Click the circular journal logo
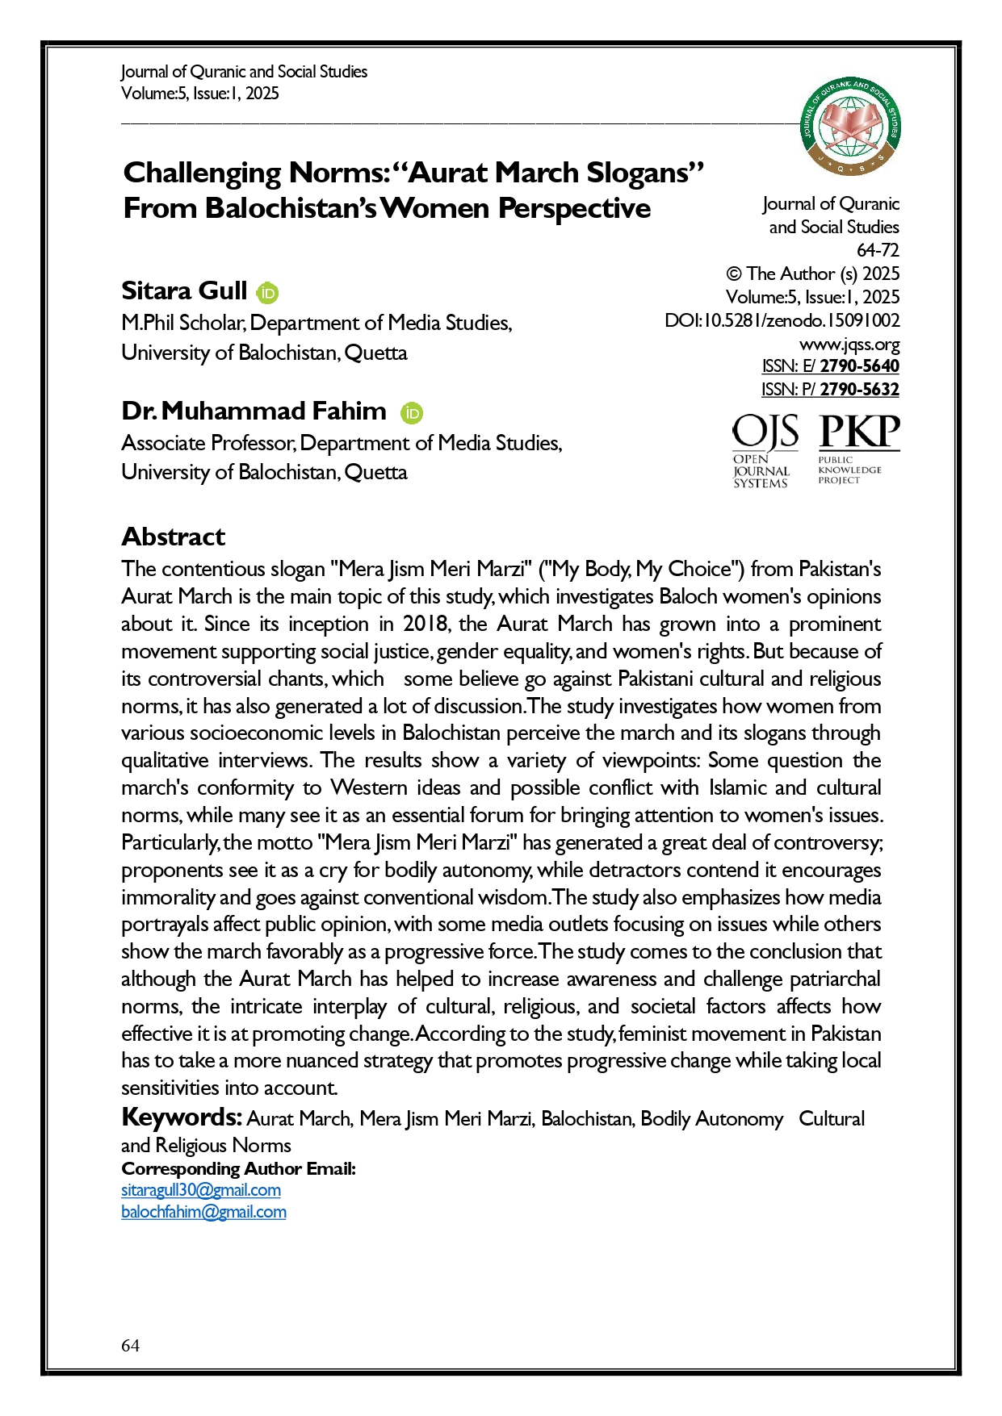[x=850, y=127]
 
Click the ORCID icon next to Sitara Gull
[x=267, y=293]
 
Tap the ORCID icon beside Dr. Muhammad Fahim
[x=412, y=413]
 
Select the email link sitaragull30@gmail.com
[x=201, y=1190]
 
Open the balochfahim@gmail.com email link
[x=203, y=1212]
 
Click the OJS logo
[x=764, y=450]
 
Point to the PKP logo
[x=858, y=449]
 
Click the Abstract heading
[x=173, y=537]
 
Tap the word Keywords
[x=182, y=1117]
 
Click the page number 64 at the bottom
[x=130, y=1345]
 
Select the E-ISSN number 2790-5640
[x=859, y=366]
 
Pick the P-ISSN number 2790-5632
[x=859, y=390]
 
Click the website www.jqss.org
[x=849, y=345]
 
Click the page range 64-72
[x=878, y=250]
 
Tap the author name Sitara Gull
[x=184, y=290]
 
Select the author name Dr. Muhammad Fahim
[x=254, y=411]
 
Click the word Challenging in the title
[x=202, y=173]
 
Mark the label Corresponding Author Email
[x=238, y=1168]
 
